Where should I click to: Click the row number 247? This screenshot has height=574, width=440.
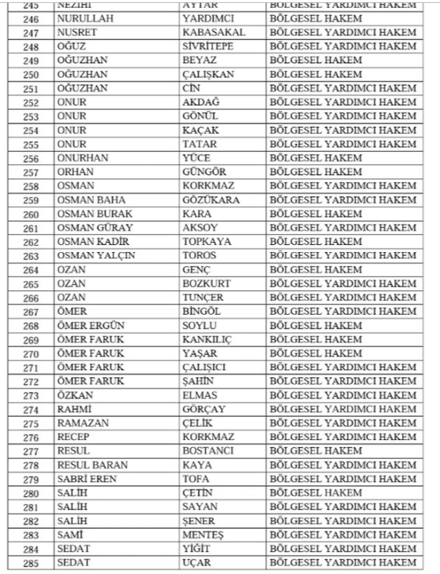30,32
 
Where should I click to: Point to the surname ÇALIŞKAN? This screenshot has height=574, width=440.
212,74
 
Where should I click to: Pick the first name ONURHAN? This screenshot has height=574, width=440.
82,158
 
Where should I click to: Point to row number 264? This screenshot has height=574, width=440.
30,269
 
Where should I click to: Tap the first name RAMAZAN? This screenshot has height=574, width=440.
82,423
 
